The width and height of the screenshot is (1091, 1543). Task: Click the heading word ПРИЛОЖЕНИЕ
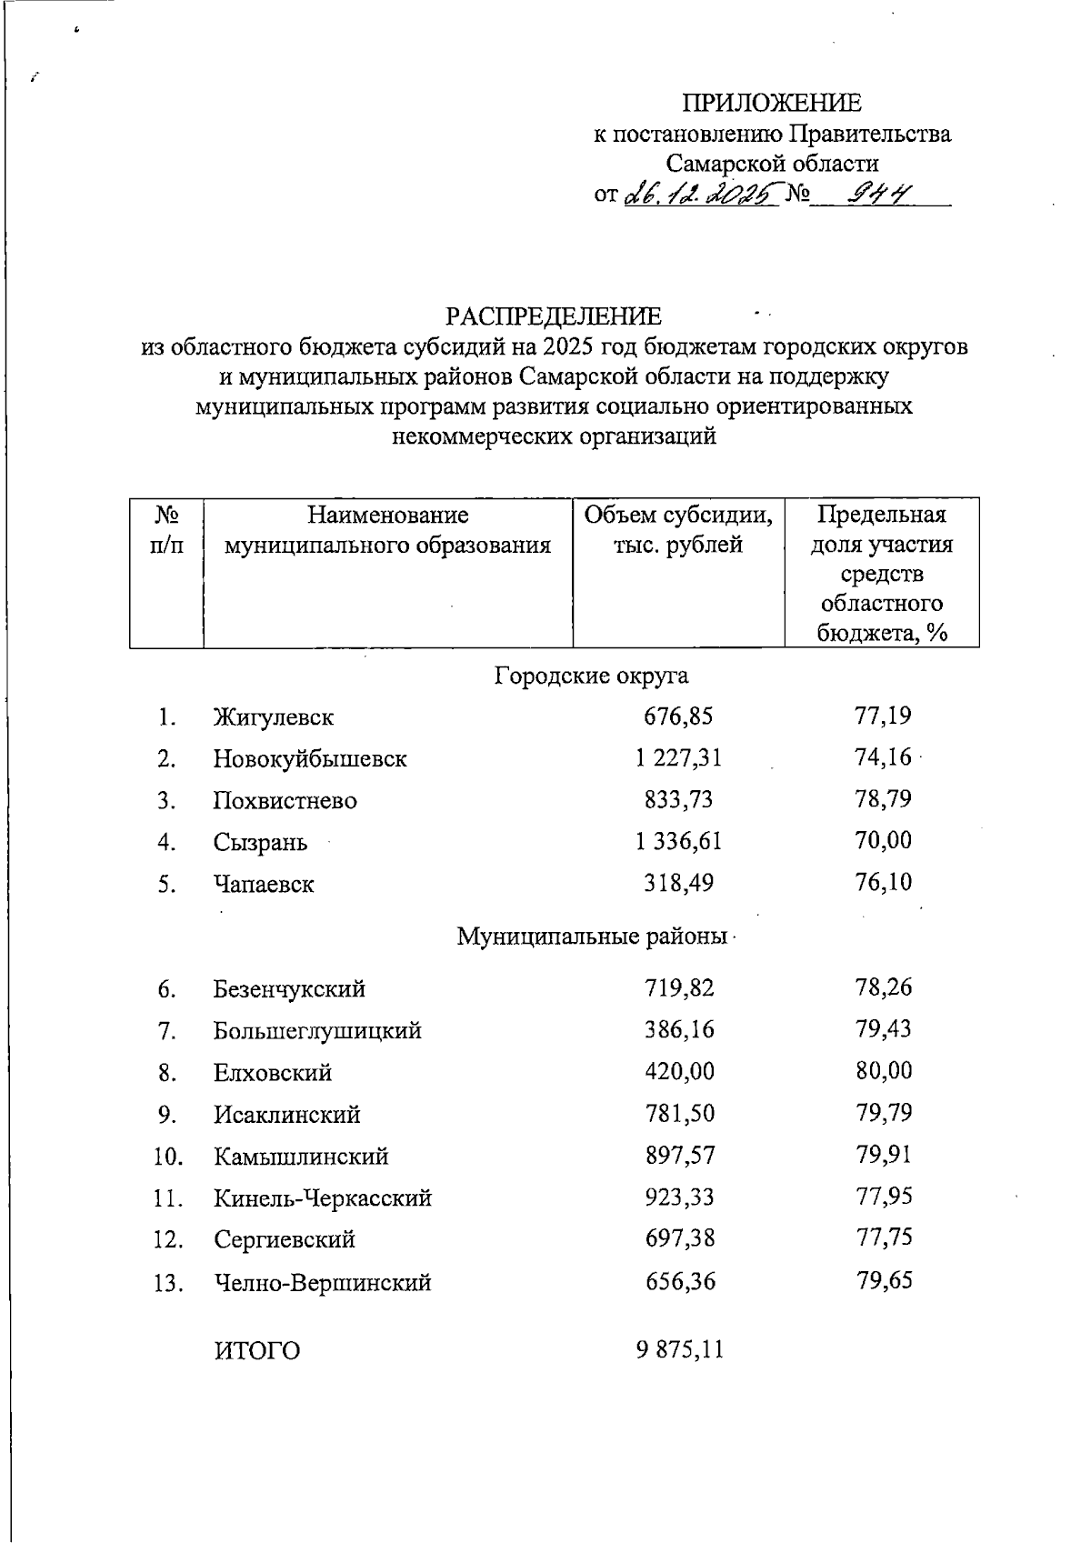click(x=772, y=103)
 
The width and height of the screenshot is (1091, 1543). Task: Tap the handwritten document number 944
click(x=878, y=194)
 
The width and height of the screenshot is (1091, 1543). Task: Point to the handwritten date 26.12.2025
click(x=701, y=194)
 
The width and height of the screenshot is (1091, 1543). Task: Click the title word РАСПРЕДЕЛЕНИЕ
click(x=553, y=316)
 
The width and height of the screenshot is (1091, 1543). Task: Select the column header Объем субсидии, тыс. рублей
click(x=678, y=530)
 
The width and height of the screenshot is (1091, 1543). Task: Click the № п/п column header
click(x=166, y=530)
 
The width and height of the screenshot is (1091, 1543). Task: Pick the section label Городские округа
click(x=591, y=676)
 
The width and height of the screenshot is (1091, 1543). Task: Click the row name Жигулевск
click(x=274, y=717)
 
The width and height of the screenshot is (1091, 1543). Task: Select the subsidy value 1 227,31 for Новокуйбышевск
click(x=678, y=758)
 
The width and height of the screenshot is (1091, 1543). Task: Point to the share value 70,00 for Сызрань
click(x=883, y=841)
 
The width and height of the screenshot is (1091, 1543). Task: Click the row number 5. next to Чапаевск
click(x=166, y=884)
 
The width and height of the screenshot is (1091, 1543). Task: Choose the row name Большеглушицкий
click(x=317, y=1031)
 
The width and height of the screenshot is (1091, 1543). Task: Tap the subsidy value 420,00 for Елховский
click(x=679, y=1072)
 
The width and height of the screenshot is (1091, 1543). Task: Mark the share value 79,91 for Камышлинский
click(x=883, y=1156)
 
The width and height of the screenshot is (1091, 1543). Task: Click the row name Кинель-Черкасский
click(x=323, y=1198)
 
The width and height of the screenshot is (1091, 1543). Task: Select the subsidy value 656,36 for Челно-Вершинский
click(x=680, y=1282)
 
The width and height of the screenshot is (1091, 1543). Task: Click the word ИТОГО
click(x=257, y=1351)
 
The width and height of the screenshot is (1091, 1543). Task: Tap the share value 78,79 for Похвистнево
click(x=883, y=800)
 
